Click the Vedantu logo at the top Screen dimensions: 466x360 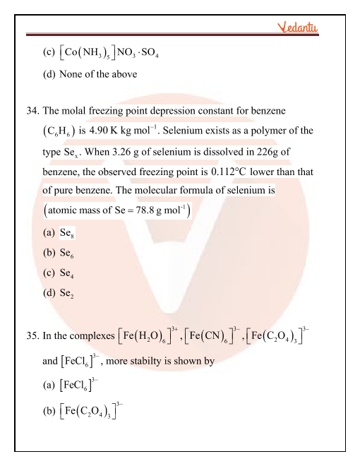coord(298,28)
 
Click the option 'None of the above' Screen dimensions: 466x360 coord(99,73)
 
